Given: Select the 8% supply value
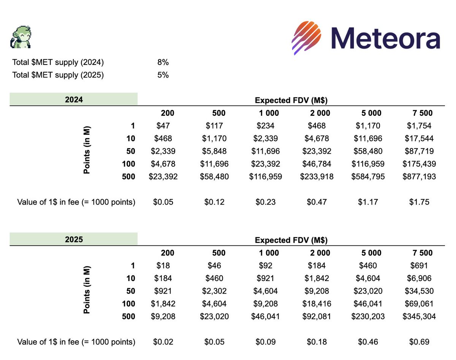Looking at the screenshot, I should point(163,62).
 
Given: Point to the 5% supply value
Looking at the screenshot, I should point(163,75).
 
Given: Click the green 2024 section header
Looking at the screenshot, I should point(73,99).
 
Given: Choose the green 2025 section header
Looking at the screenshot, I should point(73,240).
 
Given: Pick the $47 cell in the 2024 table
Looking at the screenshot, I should point(165,125).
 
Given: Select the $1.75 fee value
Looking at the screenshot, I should point(420,202).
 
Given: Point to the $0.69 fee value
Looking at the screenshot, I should point(420,342).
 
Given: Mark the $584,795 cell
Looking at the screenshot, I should point(368,177).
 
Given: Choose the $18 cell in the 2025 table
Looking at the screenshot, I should point(165,265).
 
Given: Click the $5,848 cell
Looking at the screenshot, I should point(214,151).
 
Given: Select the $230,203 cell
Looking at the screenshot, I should point(368,316).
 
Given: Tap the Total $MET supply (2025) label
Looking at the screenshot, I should point(58,75).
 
